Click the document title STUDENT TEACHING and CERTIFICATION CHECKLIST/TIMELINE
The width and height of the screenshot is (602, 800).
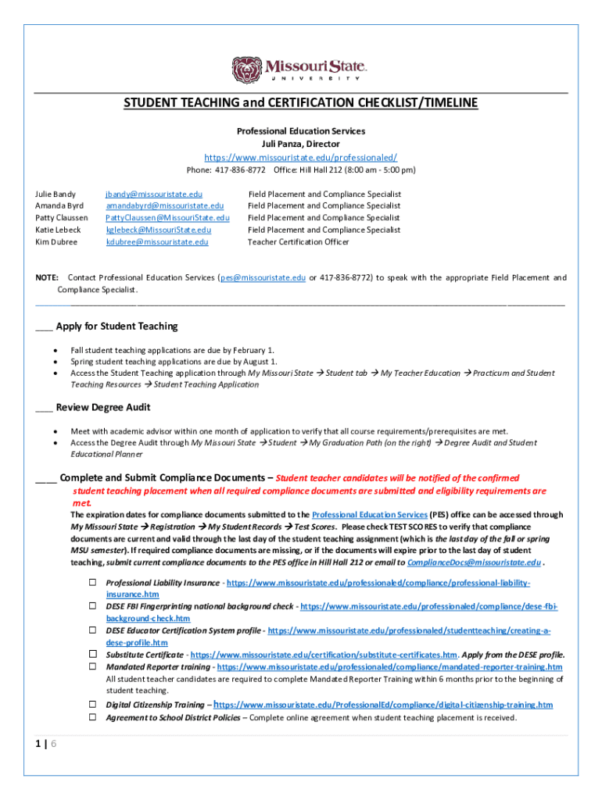tap(300, 104)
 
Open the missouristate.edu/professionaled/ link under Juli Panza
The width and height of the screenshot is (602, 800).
tap(300, 157)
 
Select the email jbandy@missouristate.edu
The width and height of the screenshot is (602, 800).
tap(154, 194)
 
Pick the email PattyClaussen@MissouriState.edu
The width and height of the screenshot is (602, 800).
tap(167, 218)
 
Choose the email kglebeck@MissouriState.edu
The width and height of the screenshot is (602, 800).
tap(159, 230)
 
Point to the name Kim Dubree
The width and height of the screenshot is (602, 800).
tap(56, 242)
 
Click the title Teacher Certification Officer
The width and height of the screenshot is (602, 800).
tap(299, 242)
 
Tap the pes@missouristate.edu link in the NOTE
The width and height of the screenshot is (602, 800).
tap(263, 277)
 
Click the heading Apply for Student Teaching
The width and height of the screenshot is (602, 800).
tap(117, 326)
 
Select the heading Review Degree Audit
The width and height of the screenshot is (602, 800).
tap(103, 407)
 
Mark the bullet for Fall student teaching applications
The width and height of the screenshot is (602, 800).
tap(55, 351)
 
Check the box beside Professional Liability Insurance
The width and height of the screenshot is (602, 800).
tap(91, 583)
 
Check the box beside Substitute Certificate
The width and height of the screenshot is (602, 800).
tap(91, 654)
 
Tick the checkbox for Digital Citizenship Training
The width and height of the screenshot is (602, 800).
tap(91, 704)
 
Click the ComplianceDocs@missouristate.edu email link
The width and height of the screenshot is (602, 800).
tap(474, 562)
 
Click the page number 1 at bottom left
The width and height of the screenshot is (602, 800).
tap(39, 744)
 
